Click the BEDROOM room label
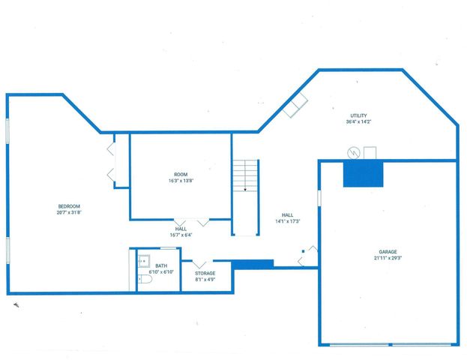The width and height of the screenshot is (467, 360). coord(69,206)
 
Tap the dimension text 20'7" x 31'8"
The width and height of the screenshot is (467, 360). coord(69,213)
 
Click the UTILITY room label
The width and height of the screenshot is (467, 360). coord(358,115)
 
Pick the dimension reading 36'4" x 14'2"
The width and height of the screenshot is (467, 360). coord(358,121)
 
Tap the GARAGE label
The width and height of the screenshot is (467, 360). coord(388,251)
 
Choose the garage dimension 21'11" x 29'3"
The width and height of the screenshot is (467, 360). coord(388,258)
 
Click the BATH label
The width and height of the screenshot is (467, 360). coord(161,265)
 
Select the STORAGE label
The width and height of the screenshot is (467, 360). coord(205,273)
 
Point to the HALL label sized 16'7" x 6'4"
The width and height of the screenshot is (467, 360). coord(181,229)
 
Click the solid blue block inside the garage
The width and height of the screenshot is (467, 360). coord(364,174)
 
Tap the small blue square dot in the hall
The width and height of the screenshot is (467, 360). coord(303,250)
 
